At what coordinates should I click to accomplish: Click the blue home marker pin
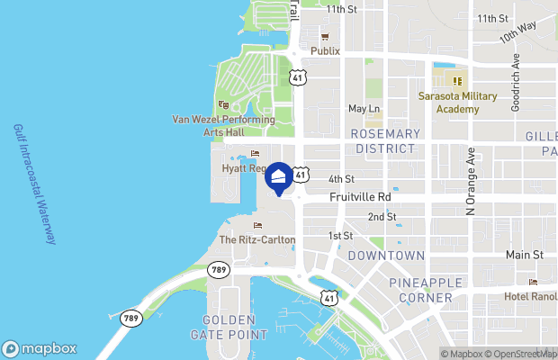point(280,177)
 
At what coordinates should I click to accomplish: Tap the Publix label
point(325,51)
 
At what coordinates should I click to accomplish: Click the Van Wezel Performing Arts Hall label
point(223,125)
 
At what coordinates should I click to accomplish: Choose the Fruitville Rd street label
point(360,196)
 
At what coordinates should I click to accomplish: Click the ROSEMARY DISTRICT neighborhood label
point(386,140)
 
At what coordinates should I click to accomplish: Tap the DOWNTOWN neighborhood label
point(386,256)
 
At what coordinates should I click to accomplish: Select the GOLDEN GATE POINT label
point(236,327)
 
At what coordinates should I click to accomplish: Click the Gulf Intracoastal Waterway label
point(33,184)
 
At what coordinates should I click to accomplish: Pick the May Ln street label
point(364,109)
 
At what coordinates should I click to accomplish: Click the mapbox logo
point(40,348)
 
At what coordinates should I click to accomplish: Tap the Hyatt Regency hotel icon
point(255,154)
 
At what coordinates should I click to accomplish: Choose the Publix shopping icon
point(325,37)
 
